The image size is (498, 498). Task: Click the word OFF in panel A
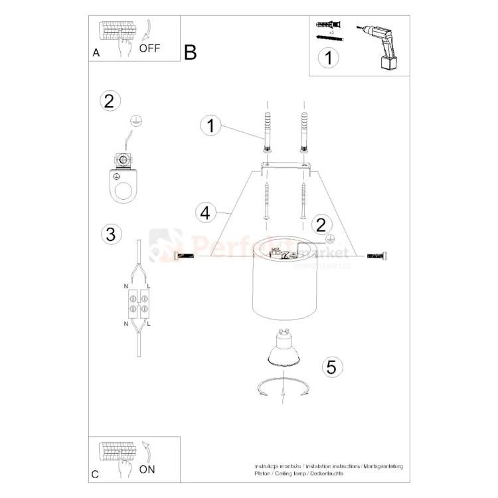point(150,48)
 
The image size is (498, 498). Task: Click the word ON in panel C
point(147,469)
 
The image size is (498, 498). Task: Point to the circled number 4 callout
point(206,213)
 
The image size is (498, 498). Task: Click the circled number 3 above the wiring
point(110,234)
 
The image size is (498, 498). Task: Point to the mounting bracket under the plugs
point(286,166)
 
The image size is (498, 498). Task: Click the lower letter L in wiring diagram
point(149,323)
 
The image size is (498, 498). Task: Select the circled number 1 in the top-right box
point(327,58)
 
